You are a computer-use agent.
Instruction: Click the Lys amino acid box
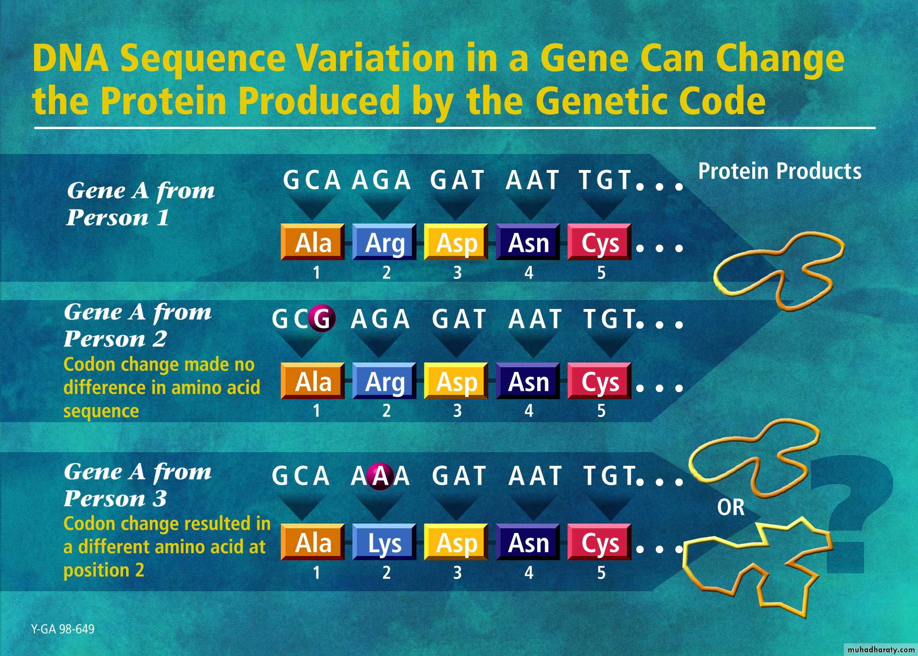click(x=384, y=542)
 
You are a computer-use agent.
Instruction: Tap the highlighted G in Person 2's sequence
click(x=322, y=319)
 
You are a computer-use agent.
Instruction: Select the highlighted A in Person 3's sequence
click(x=380, y=476)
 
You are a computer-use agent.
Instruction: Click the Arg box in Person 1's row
click(x=384, y=242)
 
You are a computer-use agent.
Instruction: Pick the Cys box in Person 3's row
click(x=599, y=542)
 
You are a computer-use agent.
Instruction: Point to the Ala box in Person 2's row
click(x=313, y=381)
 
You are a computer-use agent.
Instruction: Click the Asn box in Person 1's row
click(x=528, y=242)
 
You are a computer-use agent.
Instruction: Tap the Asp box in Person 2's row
click(x=456, y=381)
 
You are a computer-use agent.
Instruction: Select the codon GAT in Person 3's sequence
click(x=459, y=476)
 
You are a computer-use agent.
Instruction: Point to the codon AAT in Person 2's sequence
click(x=535, y=319)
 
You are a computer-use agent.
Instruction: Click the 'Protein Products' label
click(x=779, y=171)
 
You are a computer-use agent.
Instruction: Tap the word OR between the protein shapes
click(x=731, y=507)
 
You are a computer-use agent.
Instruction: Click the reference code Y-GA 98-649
click(x=63, y=629)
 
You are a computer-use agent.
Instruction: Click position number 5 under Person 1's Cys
click(x=601, y=273)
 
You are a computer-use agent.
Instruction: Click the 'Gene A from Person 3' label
click(x=138, y=485)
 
